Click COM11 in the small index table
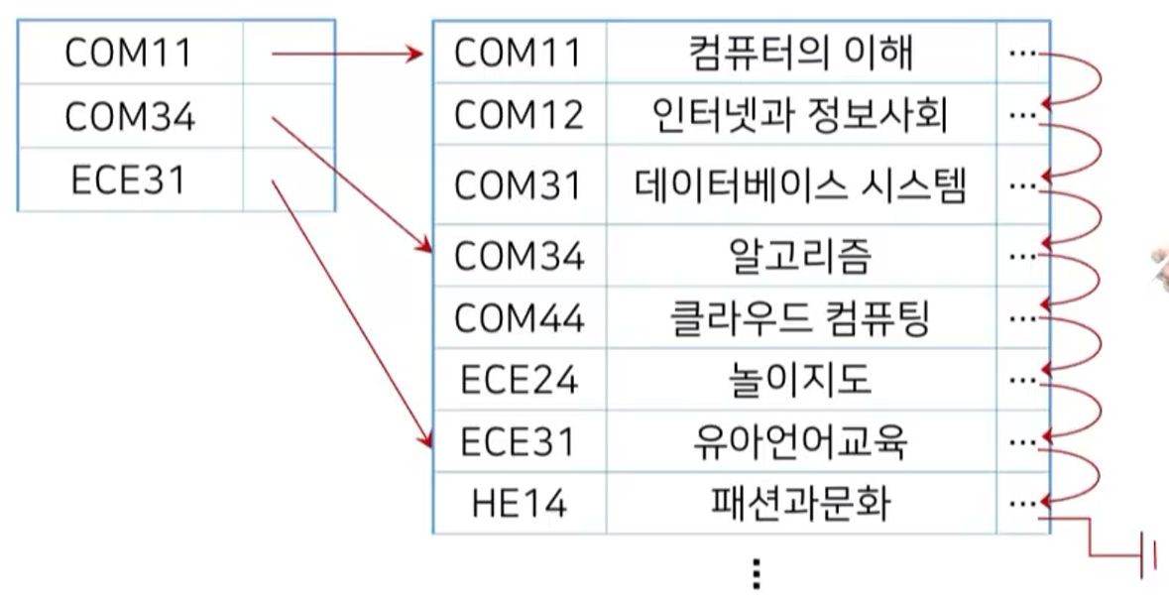[x=129, y=54]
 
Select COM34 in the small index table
[x=129, y=117]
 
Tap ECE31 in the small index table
[x=129, y=180]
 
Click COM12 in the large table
[x=519, y=116]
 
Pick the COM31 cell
[x=519, y=185]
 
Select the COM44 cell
[x=519, y=318]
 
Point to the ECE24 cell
[x=519, y=380]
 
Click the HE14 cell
[x=519, y=504]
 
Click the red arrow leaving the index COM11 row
[x=347, y=54]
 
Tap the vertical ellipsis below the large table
[x=756, y=574]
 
